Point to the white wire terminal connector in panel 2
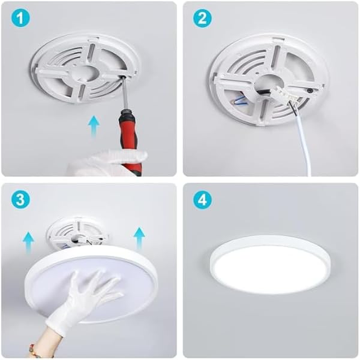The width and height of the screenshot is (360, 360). [x=279, y=97]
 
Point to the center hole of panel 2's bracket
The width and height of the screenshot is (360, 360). [x=265, y=83]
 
